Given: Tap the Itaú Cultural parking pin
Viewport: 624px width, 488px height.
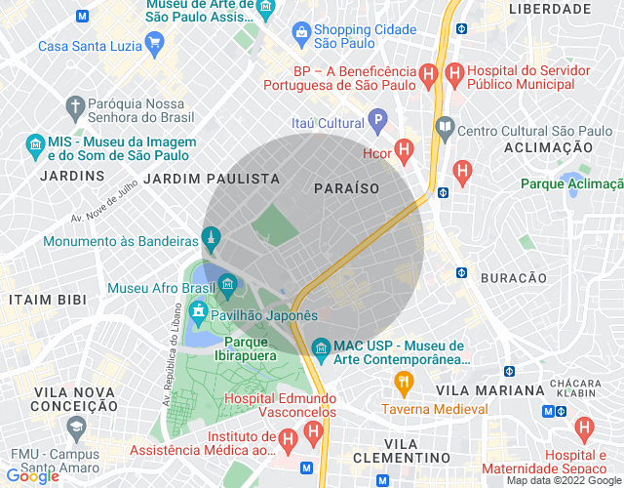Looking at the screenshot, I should (378, 122).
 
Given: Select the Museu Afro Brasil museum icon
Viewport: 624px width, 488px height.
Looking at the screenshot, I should (227, 286).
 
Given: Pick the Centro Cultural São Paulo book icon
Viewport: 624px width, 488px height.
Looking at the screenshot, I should (445, 128).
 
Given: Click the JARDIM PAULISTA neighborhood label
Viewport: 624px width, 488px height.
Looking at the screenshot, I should (212, 179).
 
